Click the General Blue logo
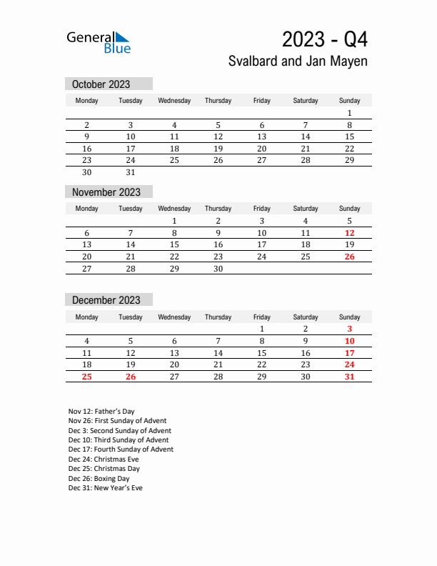pyautogui.click(x=99, y=42)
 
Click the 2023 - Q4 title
pyautogui.click(x=325, y=39)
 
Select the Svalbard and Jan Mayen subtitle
pyautogui.click(x=298, y=61)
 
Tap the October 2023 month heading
pyautogui.click(x=101, y=84)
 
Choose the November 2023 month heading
pyautogui.click(x=106, y=192)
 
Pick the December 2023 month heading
pyautogui.click(x=106, y=300)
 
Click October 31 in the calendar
pyautogui.click(x=131, y=172)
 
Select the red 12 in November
pyautogui.click(x=349, y=233)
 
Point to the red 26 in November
pyautogui.click(x=349, y=257)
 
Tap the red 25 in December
pyautogui.click(x=87, y=377)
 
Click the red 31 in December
pyautogui.click(x=349, y=377)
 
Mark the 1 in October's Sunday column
pyautogui.click(x=349, y=113)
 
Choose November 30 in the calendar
pyautogui.click(x=218, y=269)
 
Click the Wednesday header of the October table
pyautogui.click(x=174, y=101)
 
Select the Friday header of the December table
pyautogui.click(x=262, y=317)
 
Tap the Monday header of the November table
pyautogui.click(x=87, y=209)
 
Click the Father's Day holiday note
pyautogui.click(x=101, y=412)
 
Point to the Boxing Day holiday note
pyautogui.click(x=99, y=479)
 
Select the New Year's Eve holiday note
pyautogui.click(x=105, y=488)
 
